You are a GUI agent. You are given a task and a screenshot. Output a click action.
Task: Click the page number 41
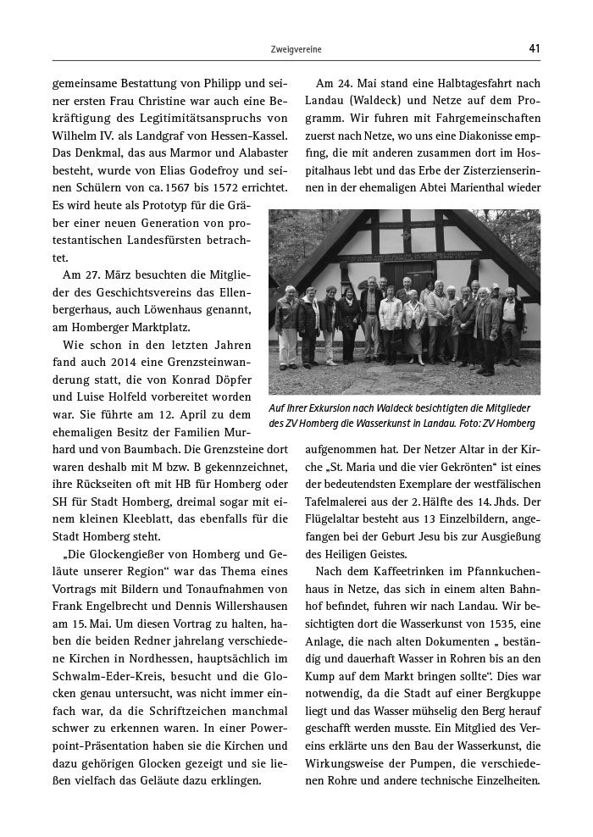tap(534, 49)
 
